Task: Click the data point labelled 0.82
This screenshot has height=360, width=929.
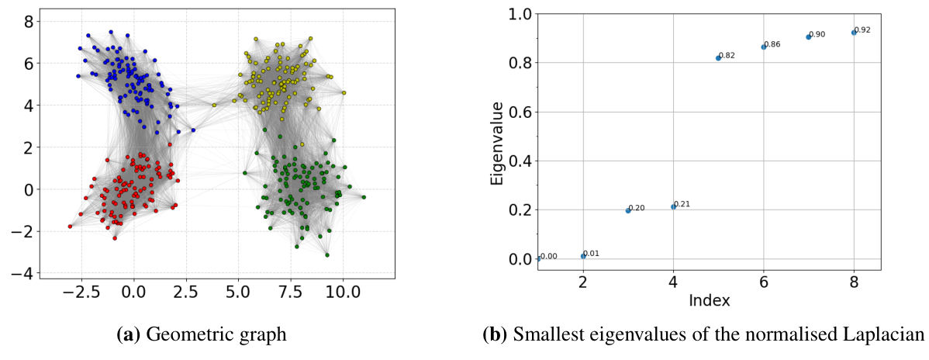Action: coord(718,58)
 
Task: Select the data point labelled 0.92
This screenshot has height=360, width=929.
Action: coord(854,33)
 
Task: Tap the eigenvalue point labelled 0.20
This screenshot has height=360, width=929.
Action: coord(628,210)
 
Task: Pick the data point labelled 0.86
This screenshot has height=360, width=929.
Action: coord(764,47)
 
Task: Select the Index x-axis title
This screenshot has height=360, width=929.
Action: coord(710,299)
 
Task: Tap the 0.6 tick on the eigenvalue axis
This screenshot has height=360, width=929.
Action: coord(519,112)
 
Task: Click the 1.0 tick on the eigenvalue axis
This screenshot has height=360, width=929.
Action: coord(519,14)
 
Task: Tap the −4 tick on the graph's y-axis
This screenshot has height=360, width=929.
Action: coord(25,273)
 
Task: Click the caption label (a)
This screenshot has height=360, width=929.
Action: coord(129,335)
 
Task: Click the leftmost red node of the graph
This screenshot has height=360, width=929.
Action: coord(70,227)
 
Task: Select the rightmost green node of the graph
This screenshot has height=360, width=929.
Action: coord(363,197)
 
